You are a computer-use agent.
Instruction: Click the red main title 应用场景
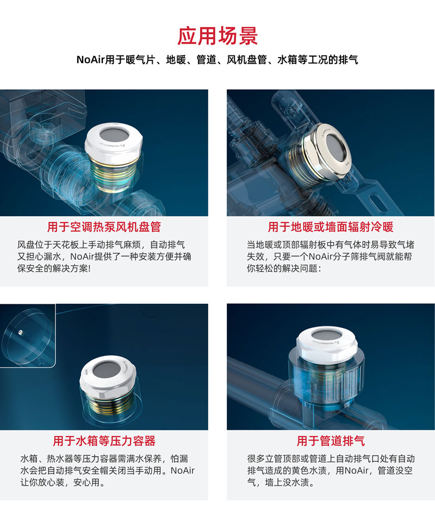tap(217, 36)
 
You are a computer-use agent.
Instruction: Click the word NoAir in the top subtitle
tap(91, 60)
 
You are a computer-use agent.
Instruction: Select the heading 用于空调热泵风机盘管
tap(104, 227)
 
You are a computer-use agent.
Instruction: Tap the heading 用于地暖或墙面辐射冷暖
tap(331, 227)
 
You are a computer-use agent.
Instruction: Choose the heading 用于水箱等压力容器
tap(104, 441)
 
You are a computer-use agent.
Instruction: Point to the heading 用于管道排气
tap(331, 441)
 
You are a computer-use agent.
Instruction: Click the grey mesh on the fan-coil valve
tap(114, 134)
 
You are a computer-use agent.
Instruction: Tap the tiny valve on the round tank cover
tap(21, 332)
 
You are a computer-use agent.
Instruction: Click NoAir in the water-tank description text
tap(183, 470)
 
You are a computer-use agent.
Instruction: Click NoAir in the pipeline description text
tap(357, 470)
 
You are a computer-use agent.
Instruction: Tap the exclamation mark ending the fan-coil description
tap(90, 268)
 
